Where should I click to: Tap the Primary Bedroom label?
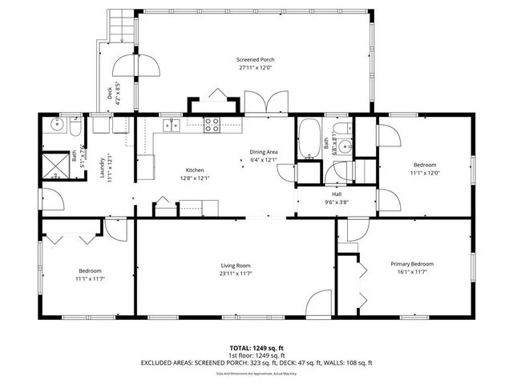[412, 264]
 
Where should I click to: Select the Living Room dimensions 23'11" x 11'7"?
[236, 274]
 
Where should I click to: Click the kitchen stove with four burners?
[213, 124]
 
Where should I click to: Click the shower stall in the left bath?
[55, 164]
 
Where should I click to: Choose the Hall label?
[337, 194]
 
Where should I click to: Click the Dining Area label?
[263, 152]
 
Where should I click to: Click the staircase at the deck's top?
[118, 27]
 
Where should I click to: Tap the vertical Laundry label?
[103, 170]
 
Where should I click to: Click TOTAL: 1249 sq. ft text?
[256, 348]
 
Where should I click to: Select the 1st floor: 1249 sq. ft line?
[256, 355]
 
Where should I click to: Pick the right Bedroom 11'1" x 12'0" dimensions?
[425, 173]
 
